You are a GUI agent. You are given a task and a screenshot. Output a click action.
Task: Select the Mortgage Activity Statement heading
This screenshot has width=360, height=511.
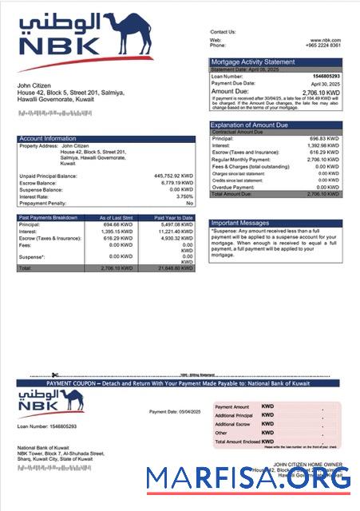[252, 61]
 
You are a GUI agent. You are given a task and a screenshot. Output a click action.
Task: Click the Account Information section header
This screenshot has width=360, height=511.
[47, 139]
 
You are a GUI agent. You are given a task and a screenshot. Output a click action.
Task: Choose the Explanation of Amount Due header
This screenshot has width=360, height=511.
[255, 125]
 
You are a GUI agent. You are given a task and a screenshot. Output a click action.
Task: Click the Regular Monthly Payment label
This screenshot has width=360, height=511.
[238, 160]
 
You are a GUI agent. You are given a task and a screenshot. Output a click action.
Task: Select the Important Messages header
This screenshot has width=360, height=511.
[242, 223]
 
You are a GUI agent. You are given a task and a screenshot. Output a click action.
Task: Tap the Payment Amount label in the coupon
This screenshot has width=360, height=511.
[231, 407]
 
